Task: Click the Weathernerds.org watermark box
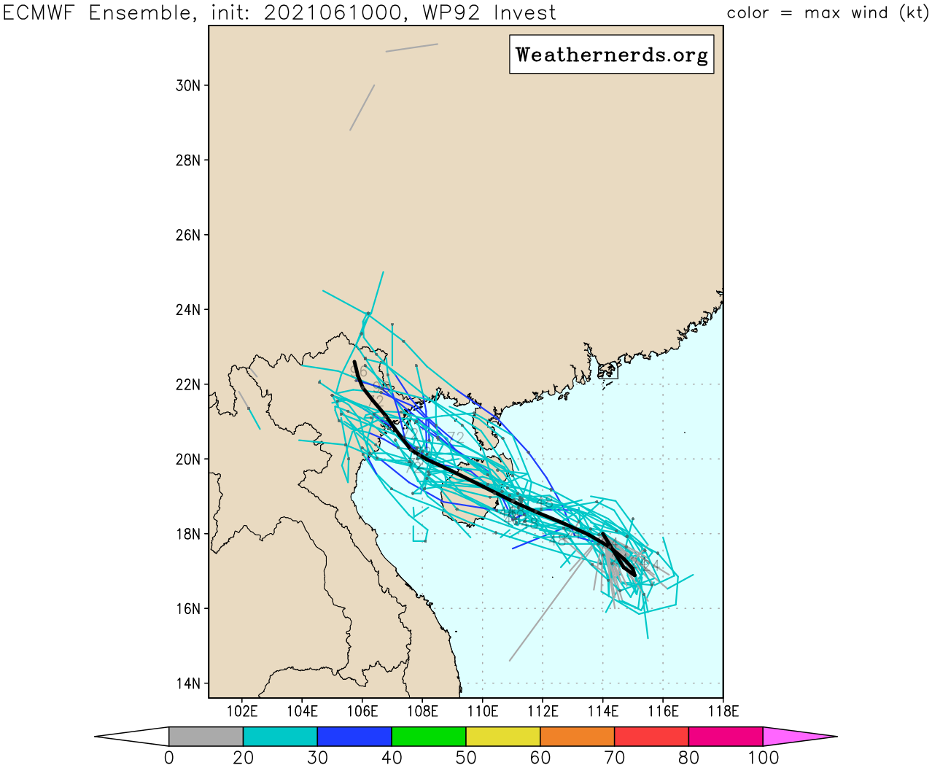click(611, 55)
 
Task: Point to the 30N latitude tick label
click(187, 85)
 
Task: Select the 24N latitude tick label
click(187, 310)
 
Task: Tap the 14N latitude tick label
click(187, 683)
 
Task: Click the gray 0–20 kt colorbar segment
click(206, 737)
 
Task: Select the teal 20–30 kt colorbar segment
click(280, 737)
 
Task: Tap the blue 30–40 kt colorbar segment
click(354, 737)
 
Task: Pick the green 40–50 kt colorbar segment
click(429, 737)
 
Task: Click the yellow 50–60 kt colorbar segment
click(503, 737)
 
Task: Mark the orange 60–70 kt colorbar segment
click(578, 737)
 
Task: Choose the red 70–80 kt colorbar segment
click(651, 737)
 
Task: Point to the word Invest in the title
click(524, 12)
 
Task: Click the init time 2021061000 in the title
click(332, 12)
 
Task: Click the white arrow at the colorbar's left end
click(135, 737)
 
